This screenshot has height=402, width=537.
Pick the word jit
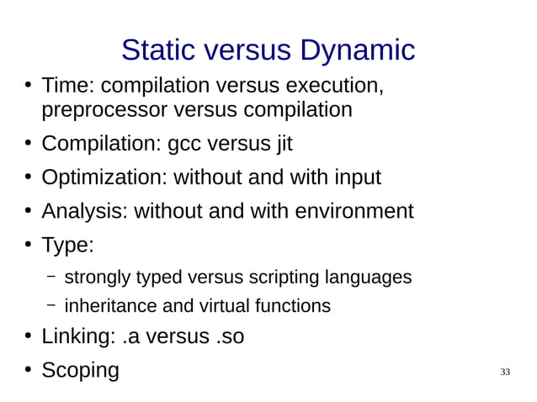click(283, 144)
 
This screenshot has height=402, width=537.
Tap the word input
click(358, 177)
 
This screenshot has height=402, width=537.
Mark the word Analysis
click(84, 211)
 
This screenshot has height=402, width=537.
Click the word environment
click(354, 211)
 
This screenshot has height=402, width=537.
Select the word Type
click(66, 246)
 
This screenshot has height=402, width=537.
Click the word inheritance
click(107, 305)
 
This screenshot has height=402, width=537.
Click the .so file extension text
click(230, 336)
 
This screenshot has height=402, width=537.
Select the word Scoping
click(81, 370)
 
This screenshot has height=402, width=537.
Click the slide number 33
click(505, 372)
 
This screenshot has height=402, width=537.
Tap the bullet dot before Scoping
click(28, 369)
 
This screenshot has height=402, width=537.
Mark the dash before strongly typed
click(51, 277)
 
